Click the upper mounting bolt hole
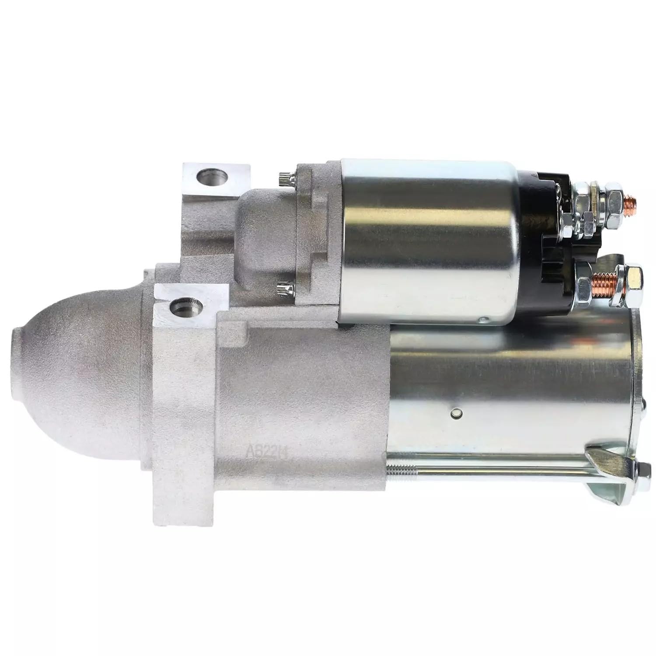coord(213,178)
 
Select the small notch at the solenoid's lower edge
coord(482,320)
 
